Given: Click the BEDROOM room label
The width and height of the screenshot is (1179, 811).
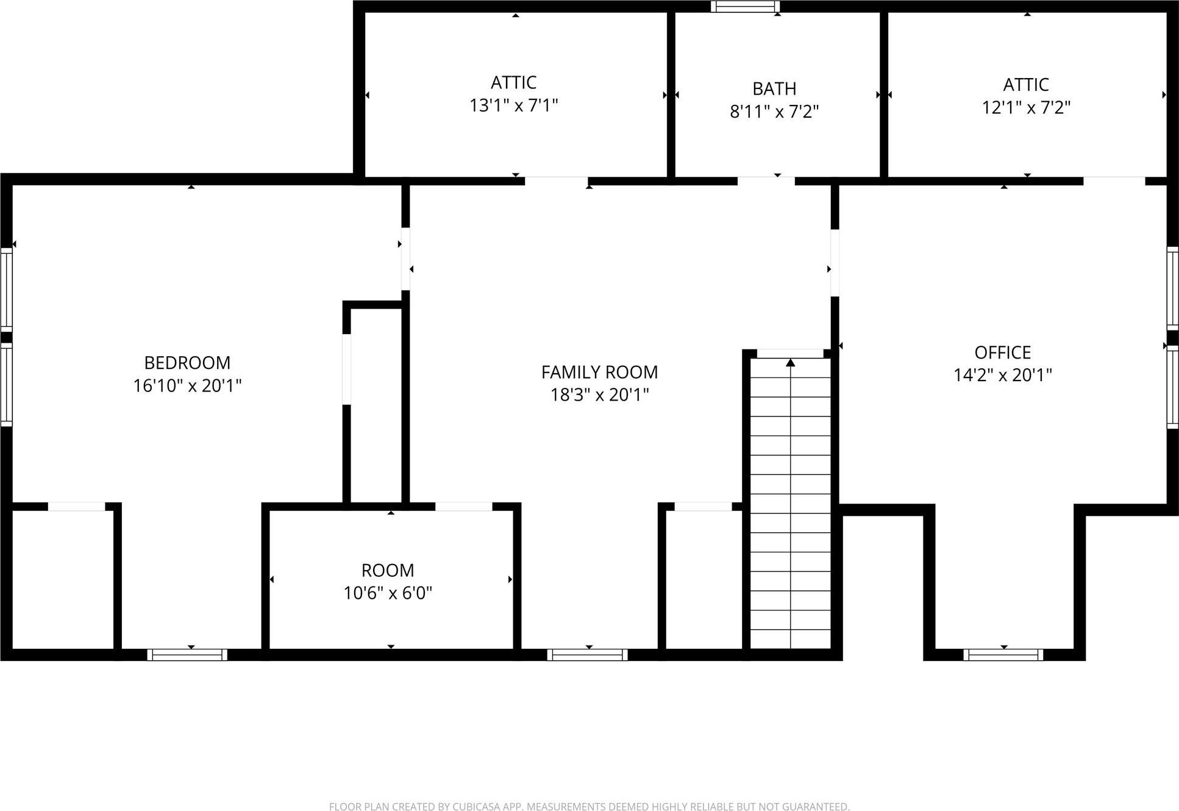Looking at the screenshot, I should click(x=187, y=363).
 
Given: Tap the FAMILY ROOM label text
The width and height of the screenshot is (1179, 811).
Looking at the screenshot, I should click(x=599, y=372).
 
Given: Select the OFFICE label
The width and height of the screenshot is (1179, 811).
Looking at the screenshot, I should click(x=1002, y=352).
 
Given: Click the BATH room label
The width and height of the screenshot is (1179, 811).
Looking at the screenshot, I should click(x=774, y=89).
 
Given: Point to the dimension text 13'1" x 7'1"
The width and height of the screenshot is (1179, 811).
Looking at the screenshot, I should click(x=513, y=106).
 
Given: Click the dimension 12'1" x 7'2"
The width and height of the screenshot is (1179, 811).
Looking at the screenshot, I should click(x=1026, y=108).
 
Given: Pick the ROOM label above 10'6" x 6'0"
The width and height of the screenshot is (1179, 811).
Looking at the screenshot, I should click(x=388, y=570).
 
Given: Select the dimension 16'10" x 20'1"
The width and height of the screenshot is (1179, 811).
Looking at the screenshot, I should click(x=187, y=386).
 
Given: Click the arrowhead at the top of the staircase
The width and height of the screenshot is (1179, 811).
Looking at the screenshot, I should click(x=791, y=363).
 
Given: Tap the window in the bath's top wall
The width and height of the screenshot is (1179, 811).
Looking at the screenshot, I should click(x=745, y=7).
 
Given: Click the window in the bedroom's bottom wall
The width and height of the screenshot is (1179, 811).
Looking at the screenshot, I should click(x=187, y=655).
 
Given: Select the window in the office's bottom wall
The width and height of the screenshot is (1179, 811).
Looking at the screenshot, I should click(x=1003, y=655).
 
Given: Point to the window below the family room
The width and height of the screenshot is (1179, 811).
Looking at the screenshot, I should click(x=587, y=655).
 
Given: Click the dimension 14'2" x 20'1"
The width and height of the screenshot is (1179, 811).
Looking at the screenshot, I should click(x=1002, y=375).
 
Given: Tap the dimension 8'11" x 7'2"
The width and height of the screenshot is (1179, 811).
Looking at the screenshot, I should click(x=774, y=112).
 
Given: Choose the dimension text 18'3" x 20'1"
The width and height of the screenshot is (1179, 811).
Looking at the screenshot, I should click(x=599, y=395).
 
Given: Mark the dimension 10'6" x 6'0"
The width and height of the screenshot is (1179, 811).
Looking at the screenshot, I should click(x=388, y=593).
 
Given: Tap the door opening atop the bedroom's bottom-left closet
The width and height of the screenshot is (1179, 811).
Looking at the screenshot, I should click(x=77, y=506).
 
